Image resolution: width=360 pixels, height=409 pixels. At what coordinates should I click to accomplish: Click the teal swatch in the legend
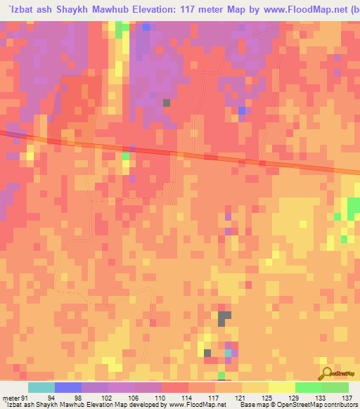click(x=41, y=387)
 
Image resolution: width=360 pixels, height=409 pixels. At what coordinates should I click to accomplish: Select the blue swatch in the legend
click(x=68, y=387)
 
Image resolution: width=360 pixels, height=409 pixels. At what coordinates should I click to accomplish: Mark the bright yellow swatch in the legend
click(x=282, y=387)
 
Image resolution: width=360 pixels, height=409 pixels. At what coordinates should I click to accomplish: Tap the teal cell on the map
click(x=228, y=353)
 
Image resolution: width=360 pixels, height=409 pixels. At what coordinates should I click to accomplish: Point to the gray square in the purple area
click(x=167, y=103)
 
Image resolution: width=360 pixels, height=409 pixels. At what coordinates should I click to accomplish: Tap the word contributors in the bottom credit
click(x=335, y=405)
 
